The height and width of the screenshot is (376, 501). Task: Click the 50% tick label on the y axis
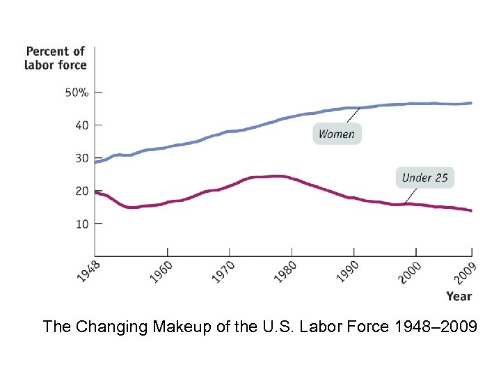[77, 93]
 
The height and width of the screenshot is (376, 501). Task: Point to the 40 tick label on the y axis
[81, 125]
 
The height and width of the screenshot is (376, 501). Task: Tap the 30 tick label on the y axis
[81, 158]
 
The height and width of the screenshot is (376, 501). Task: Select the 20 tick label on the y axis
[81, 191]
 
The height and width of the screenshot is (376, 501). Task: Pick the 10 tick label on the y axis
[81, 224]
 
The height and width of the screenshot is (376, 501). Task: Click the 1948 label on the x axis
[88, 271]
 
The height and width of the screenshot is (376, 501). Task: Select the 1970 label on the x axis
[223, 271]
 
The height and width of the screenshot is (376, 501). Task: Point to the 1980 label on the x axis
[285, 271]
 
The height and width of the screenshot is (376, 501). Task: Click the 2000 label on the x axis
[409, 271]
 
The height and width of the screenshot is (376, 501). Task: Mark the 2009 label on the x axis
[464, 271]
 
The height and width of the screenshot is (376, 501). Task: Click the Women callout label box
[337, 134]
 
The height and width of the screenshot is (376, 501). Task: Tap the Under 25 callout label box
[424, 178]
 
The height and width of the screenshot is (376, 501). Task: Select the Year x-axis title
[459, 296]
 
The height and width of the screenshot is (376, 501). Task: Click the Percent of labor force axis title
[56, 58]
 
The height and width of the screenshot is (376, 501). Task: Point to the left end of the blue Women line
[96, 162]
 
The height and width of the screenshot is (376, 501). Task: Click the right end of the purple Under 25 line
[471, 210]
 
